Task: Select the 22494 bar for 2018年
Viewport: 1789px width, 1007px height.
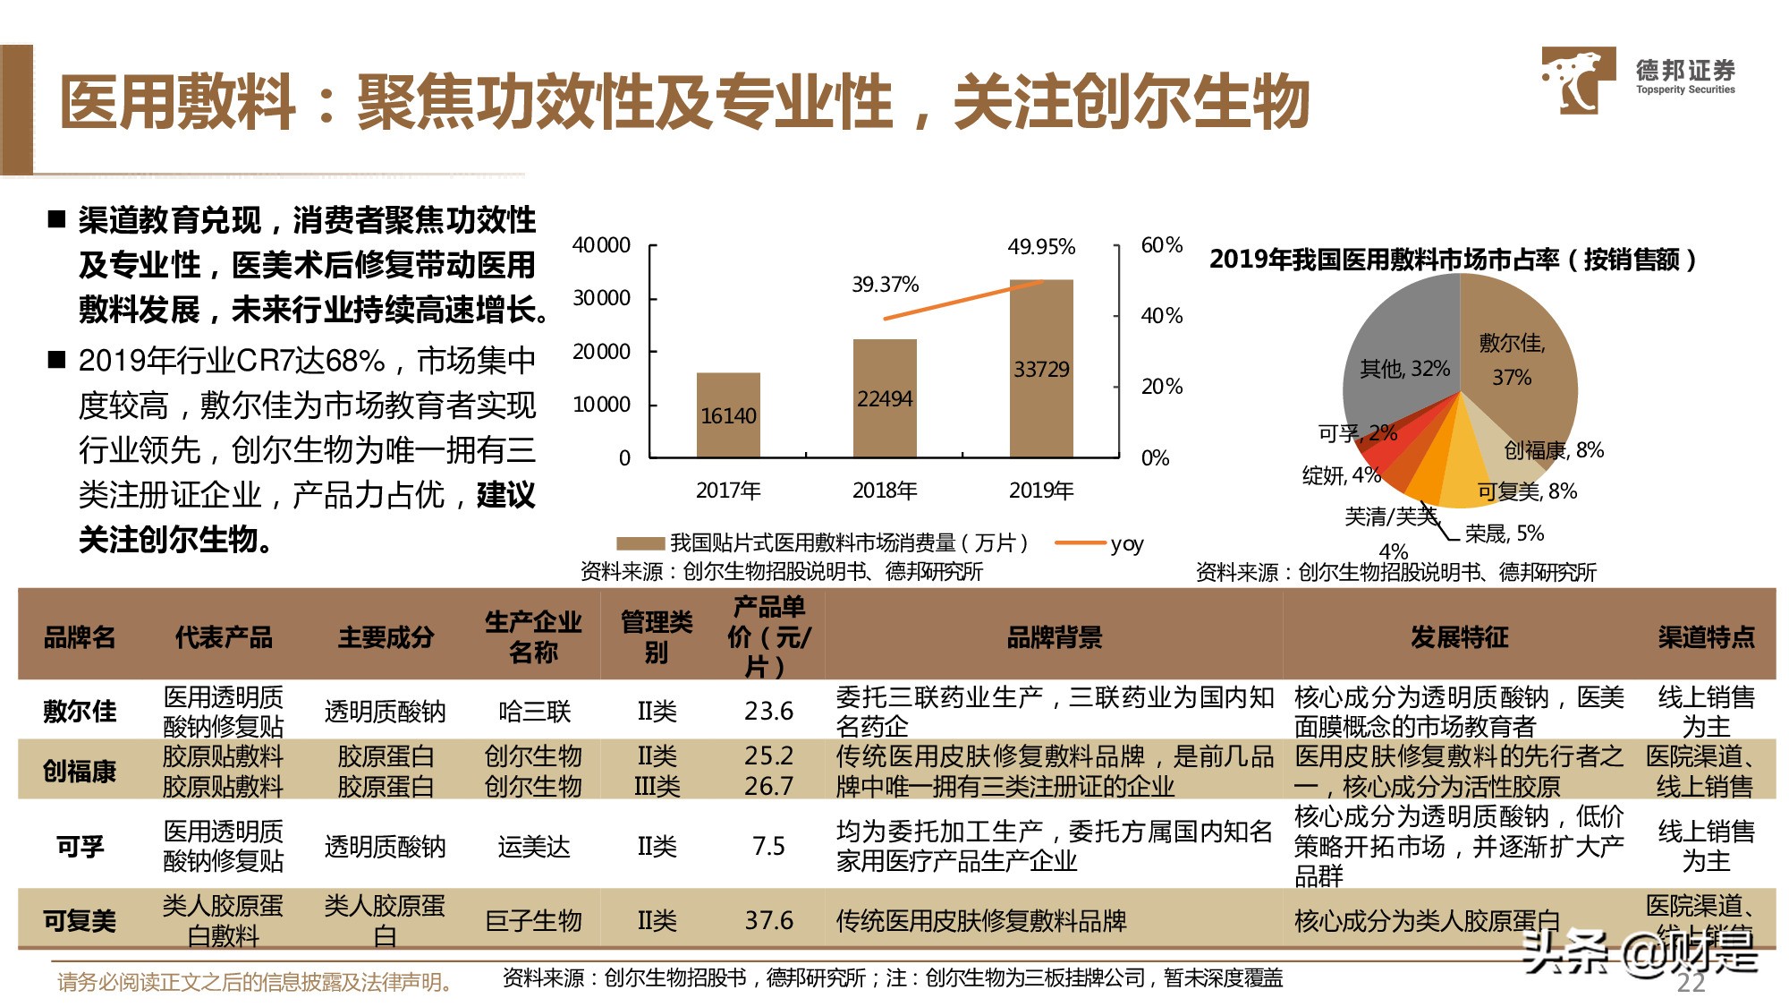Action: pyautogui.click(x=885, y=398)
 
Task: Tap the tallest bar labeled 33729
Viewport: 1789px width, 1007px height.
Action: pyautogui.click(x=1041, y=368)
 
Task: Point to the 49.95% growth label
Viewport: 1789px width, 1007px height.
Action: pyautogui.click(x=1041, y=246)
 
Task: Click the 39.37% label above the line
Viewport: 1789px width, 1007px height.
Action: pyautogui.click(x=885, y=285)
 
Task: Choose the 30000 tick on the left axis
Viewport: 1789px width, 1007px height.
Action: pyautogui.click(x=601, y=298)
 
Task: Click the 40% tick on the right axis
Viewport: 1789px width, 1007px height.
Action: pyautogui.click(x=1161, y=315)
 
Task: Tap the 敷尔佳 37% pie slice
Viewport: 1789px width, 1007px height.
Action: pyautogui.click(x=1516, y=358)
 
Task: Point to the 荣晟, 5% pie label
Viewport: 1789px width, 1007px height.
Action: pyautogui.click(x=1504, y=533)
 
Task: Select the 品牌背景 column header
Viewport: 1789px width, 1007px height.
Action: pyautogui.click(x=1054, y=637)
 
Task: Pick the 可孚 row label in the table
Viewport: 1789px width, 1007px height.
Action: pyautogui.click(x=80, y=846)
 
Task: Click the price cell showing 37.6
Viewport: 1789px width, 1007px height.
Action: pyautogui.click(x=768, y=920)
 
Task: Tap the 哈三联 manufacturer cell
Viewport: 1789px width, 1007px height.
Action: pyautogui.click(x=534, y=712)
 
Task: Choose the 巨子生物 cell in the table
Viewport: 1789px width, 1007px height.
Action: pyautogui.click(x=533, y=920)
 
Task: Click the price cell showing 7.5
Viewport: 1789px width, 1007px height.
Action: pyautogui.click(x=768, y=846)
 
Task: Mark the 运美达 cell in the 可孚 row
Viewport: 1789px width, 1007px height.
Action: pyautogui.click(x=534, y=846)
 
